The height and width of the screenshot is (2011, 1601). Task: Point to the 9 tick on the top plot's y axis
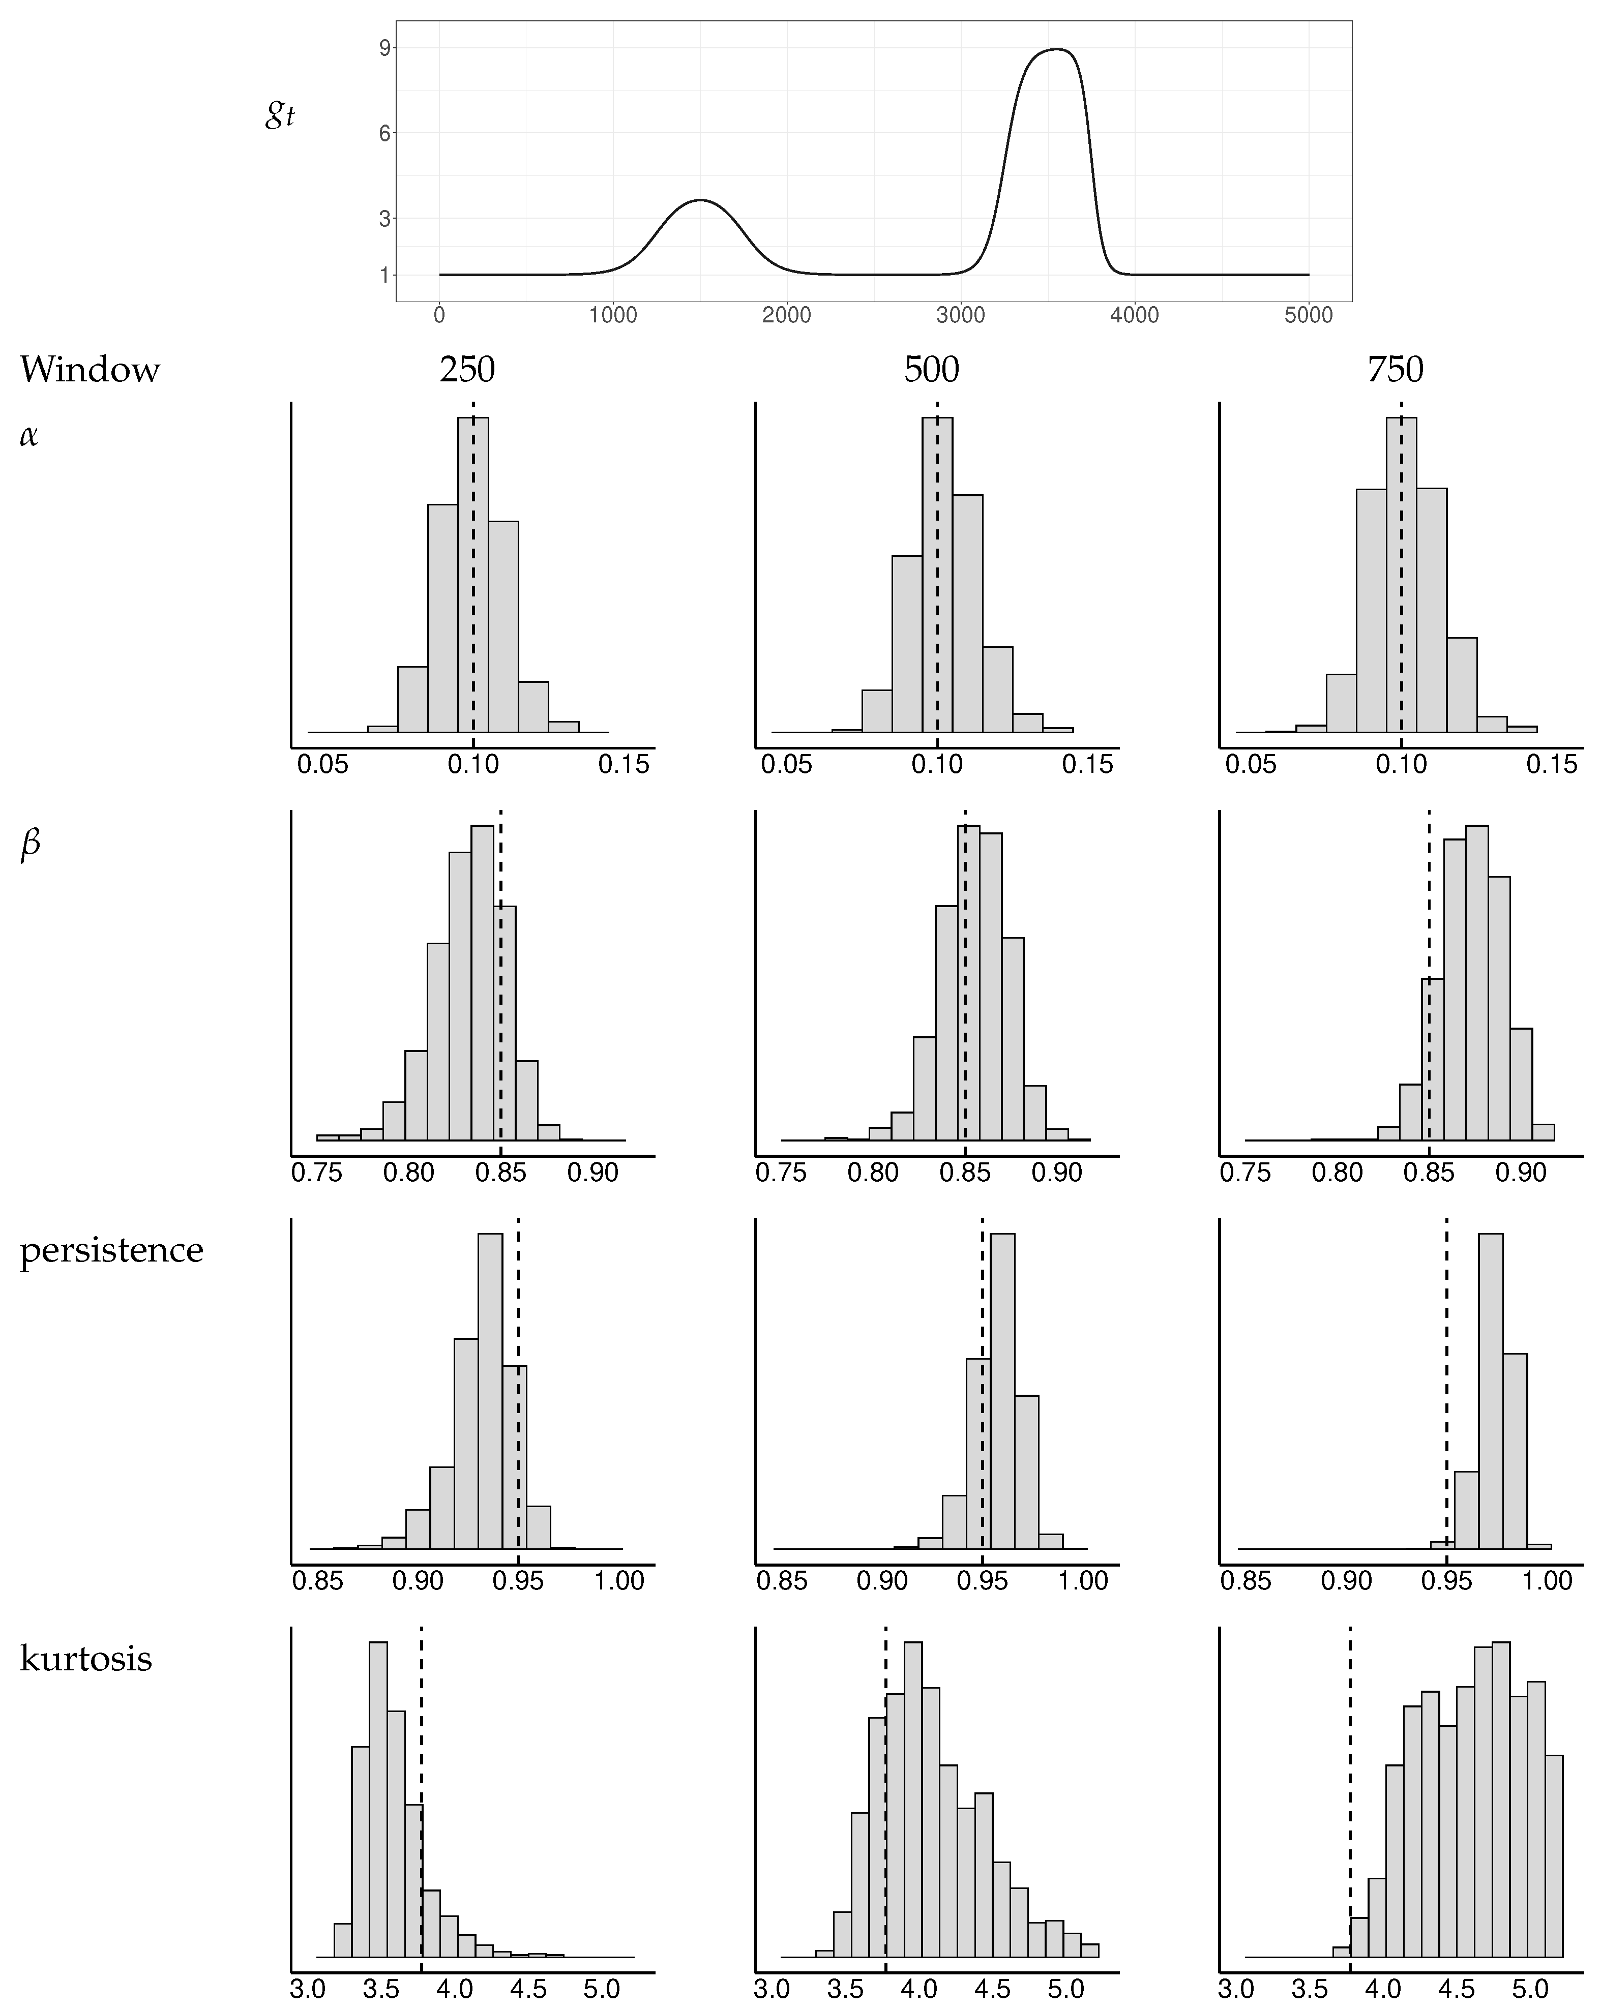tap(384, 48)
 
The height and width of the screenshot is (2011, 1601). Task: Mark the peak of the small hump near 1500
tap(700, 200)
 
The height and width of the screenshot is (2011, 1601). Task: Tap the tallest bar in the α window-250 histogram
tap(473, 578)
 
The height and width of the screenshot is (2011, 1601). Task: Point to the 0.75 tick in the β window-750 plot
tap(1246, 1173)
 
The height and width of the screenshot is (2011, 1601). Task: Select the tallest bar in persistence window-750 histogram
tap(1491, 1399)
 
